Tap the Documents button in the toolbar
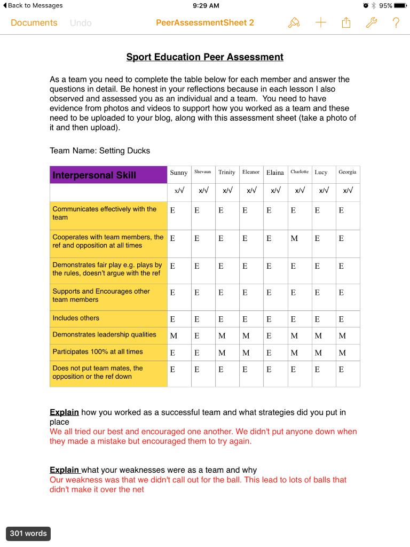click(34, 23)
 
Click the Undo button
click(81, 23)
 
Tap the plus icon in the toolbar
click(320, 22)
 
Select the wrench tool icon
click(371, 22)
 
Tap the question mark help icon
click(396, 22)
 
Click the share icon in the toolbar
click(346, 22)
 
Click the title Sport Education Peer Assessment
click(204, 57)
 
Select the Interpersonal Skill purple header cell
click(109, 175)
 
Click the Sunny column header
click(179, 173)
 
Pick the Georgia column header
click(347, 172)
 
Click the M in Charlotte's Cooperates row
click(294, 238)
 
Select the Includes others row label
click(76, 318)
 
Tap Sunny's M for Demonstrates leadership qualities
click(174, 336)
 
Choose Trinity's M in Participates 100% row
click(222, 353)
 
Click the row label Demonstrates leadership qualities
click(104, 335)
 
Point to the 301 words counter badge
click(28, 533)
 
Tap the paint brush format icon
click(294, 22)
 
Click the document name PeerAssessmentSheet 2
click(205, 23)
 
